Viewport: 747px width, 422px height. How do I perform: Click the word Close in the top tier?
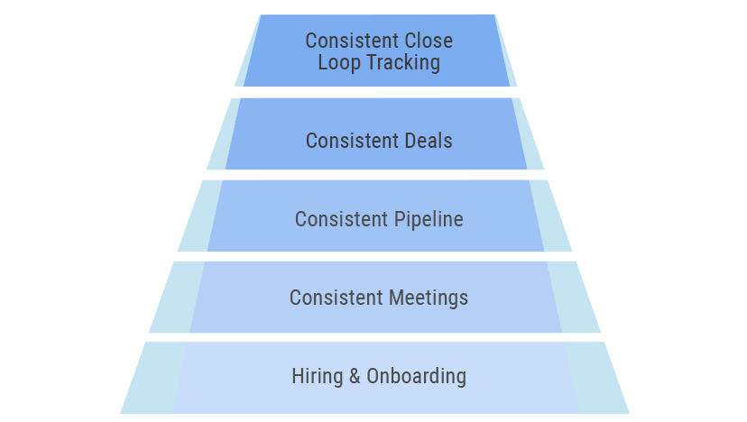tap(427, 41)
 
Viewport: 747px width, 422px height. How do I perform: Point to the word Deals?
tap(429, 141)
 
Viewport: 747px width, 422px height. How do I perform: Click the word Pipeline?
tap(429, 220)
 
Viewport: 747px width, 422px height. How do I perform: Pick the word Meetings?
tap(429, 298)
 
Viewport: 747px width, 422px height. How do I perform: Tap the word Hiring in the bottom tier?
tap(318, 377)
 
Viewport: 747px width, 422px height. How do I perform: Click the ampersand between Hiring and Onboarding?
tap(355, 376)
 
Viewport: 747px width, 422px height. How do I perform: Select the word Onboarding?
tap(416, 377)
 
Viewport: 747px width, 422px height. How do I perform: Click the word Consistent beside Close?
tap(351, 41)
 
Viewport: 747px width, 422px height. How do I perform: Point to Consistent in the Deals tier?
tap(352, 141)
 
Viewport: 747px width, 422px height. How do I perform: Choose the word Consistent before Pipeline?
tap(341, 220)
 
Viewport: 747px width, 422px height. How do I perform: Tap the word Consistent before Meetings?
tap(336, 298)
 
